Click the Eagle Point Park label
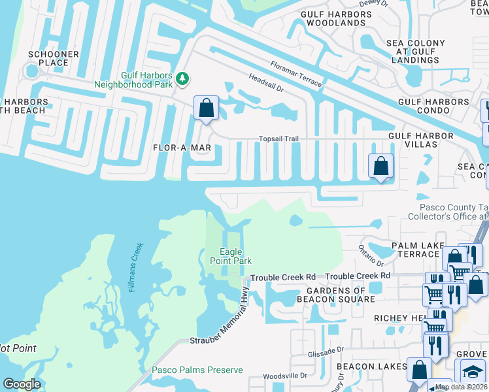click(230, 256)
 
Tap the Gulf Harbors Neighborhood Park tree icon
click(184, 79)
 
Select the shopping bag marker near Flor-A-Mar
click(207, 108)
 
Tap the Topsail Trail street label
click(278, 139)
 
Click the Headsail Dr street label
click(265, 83)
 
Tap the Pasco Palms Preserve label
click(197, 370)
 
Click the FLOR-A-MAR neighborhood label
click(182, 148)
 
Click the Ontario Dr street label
click(369, 255)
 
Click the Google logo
click(22, 384)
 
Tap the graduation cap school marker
click(471, 372)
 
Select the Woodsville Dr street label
click(285, 376)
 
